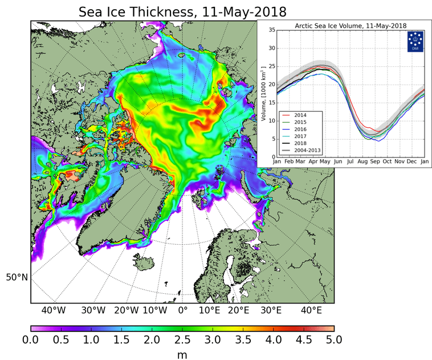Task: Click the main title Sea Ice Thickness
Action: (182, 11)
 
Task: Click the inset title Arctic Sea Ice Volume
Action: (351, 26)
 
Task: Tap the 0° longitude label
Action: (182, 311)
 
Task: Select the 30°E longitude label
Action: (270, 311)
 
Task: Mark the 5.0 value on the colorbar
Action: (334, 341)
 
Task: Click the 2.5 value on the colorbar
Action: (182, 341)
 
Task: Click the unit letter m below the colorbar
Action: (182, 354)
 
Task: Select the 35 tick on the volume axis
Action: (272, 30)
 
